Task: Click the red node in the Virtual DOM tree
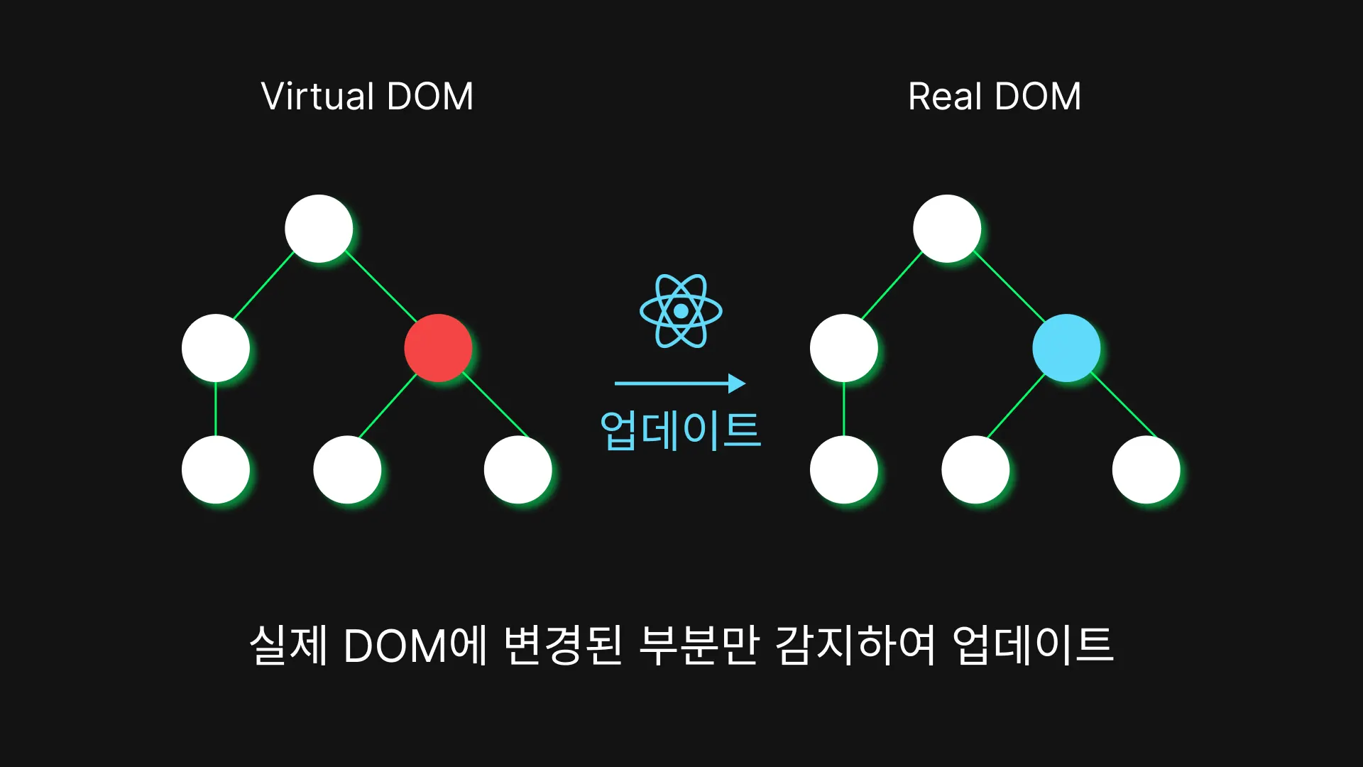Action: pyautogui.click(x=438, y=348)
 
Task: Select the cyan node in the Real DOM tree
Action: pyautogui.click(x=1066, y=348)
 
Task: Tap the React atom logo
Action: pyautogui.click(x=681, y=311)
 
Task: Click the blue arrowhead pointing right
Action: pyautogui.click(x=737, y=383)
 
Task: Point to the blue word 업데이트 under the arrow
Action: pyautogui.click(x=681, y=430)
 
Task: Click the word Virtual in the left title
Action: pyautogui.click(x=317, y=97)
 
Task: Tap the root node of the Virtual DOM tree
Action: pyautogui.click(x=319, y=229)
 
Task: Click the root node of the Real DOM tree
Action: pyautogui.click(x=947, y=229)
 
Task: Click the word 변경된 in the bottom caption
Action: pyautogui.click(x=563, y=645)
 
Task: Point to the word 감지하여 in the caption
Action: pyautogui.click(x=855, y=645)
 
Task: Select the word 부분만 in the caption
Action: pyautogui.click(x=699, y=645)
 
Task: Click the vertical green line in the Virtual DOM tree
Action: pyautogui.click(x=216, y=409)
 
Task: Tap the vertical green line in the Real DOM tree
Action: pyautogui.click(x=844, y=409)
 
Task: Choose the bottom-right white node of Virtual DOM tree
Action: pyautogui.click(x=518, y=469)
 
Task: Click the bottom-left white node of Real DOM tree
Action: pyautogui.click(x=844, y=469)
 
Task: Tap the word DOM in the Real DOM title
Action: pyautogui.click(x=1038, y=97)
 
